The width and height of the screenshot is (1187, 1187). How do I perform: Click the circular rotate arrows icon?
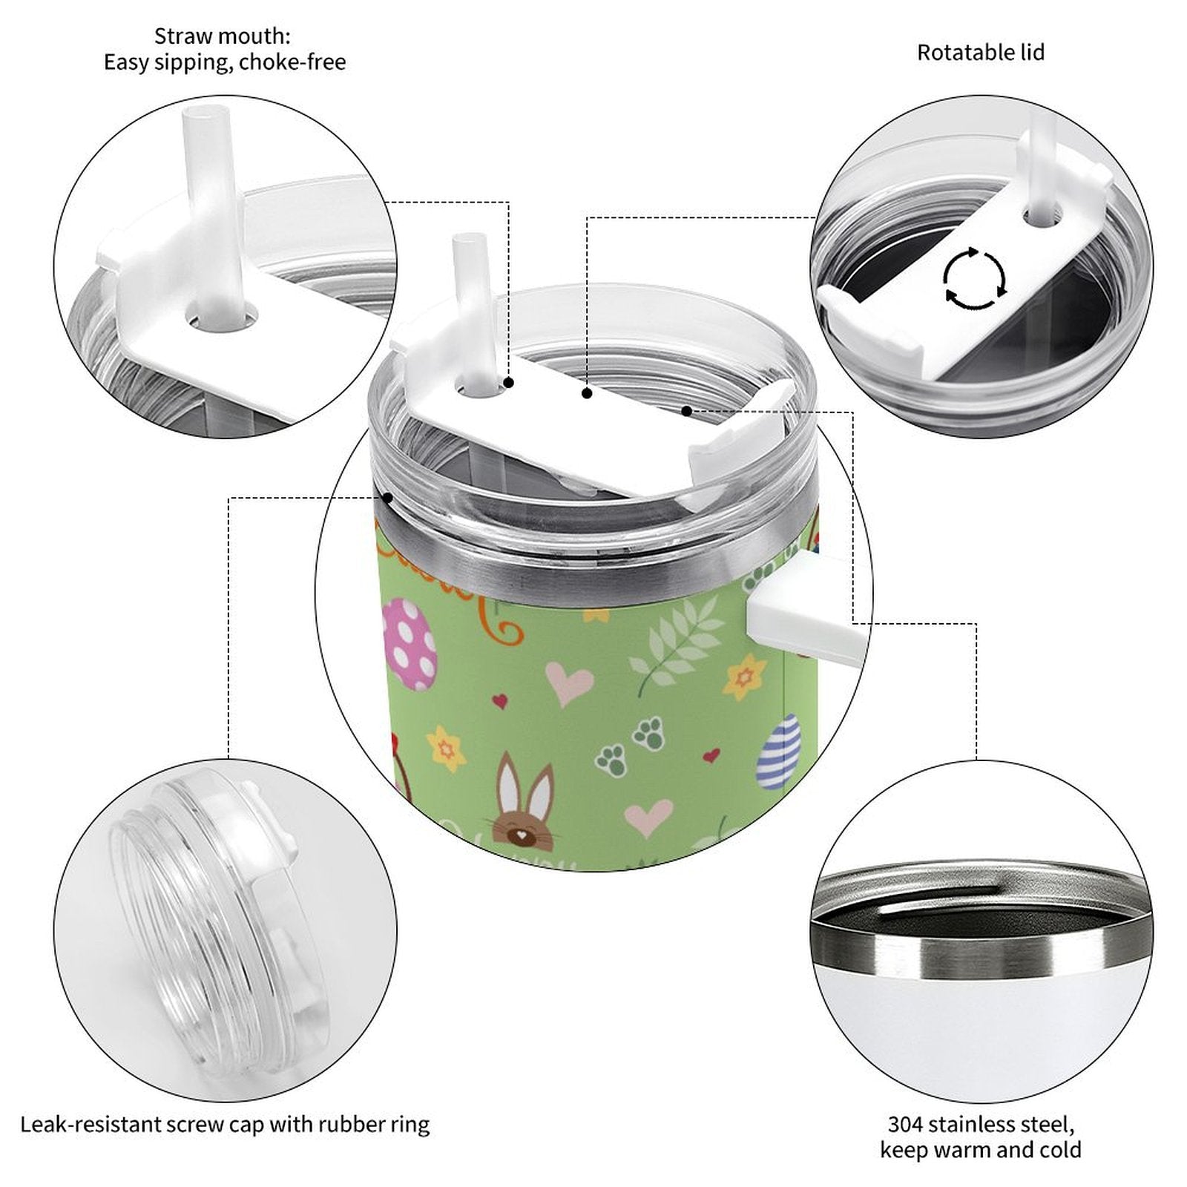pyautogui.click(x=975, y=279)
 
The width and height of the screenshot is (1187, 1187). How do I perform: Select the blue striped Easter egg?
pyautogui.click(x=779, y=752)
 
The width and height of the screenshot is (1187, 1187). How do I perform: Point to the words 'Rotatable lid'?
pyautogui.click(x=980, y=53)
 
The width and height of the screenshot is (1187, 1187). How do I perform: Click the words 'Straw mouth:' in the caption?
pyautogui.click(x=223, y=36)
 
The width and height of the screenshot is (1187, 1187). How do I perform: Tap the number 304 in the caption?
pyautogui.click(x=904, y=1124)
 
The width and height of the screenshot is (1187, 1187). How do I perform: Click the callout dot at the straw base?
pyautogui.click(x=509, y=383)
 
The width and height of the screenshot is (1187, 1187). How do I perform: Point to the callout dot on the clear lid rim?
pyautogui.click(x=387, y=497)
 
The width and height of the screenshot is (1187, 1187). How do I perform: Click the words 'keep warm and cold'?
pyautogui.click(x=980, y=1150)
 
